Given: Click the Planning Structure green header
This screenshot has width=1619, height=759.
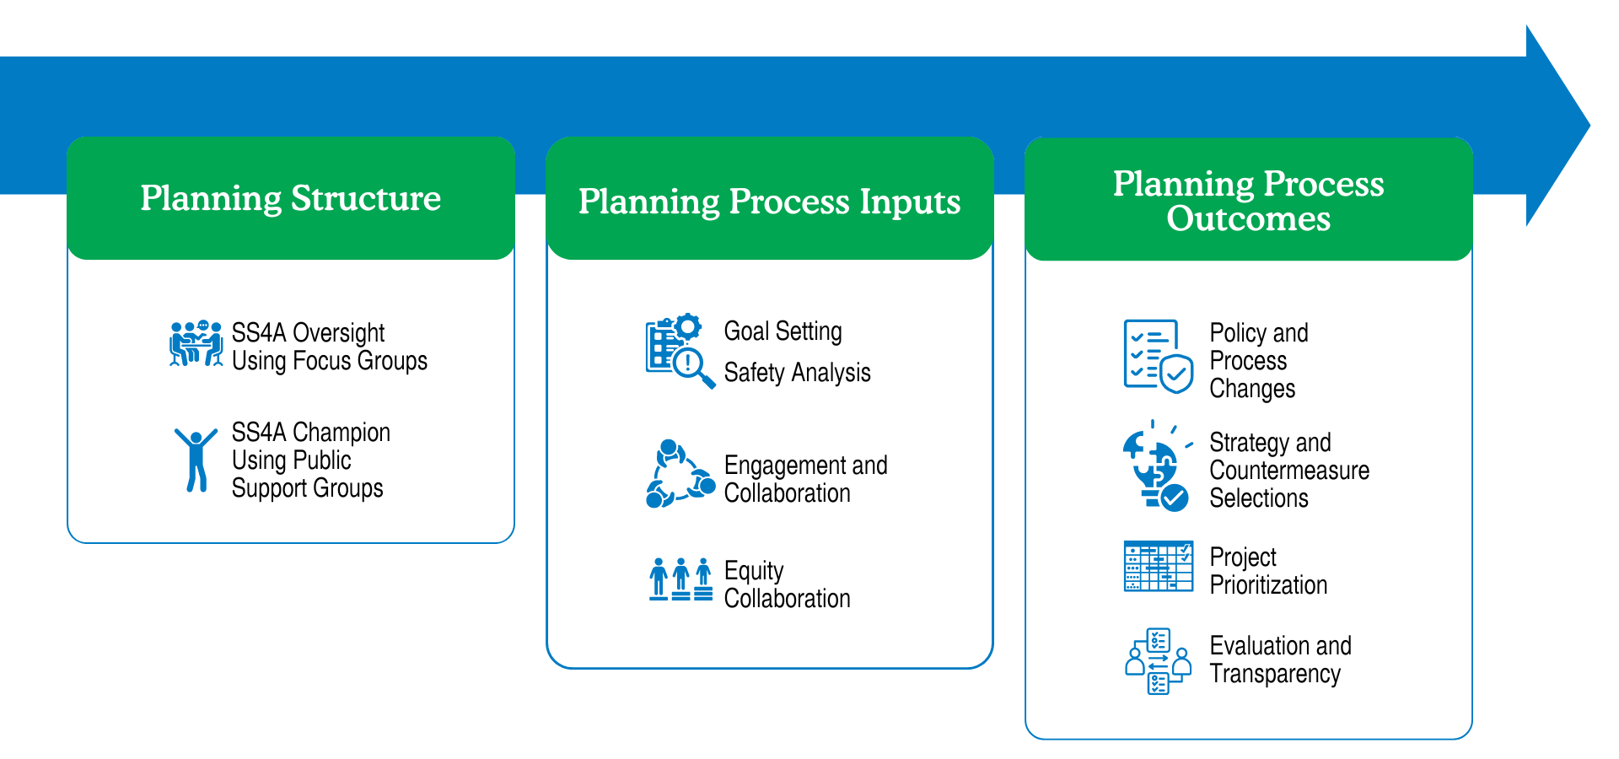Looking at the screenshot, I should tap(291, 198).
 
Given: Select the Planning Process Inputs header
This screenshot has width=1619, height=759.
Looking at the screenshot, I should tap(769, 201).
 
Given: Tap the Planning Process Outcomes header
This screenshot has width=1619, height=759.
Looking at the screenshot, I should tap(1248, 201).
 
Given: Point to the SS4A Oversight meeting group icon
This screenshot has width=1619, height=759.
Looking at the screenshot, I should tap(196, 344).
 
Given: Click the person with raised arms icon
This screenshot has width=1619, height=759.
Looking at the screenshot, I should tap(196, 459).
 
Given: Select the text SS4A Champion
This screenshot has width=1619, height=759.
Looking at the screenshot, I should tap(310, 432).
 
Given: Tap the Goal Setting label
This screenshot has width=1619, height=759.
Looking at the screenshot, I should tap(783, 331).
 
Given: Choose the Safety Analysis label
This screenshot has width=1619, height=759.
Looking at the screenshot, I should tap(797, 372).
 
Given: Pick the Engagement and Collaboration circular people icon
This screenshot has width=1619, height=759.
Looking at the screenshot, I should tap(680, 474).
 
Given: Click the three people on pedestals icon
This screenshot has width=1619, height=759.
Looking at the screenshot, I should tap(680, 579).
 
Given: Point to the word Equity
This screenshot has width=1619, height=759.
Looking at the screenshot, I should tap(754, 571).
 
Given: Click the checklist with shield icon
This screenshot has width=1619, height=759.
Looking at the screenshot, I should tap(1158, 356).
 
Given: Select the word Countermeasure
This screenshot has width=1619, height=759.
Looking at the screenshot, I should tap(1288, 471).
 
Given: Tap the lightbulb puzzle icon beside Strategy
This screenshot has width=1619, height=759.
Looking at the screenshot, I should tap(1156, 466).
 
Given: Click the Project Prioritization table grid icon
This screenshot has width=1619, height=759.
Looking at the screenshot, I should tap(1158, 566).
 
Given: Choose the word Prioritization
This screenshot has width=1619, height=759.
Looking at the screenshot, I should tap(1268, 585).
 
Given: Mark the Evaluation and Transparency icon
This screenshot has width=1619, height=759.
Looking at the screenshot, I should tap(1158, 661).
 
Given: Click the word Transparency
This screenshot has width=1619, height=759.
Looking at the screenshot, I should tap(1274, 674).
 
